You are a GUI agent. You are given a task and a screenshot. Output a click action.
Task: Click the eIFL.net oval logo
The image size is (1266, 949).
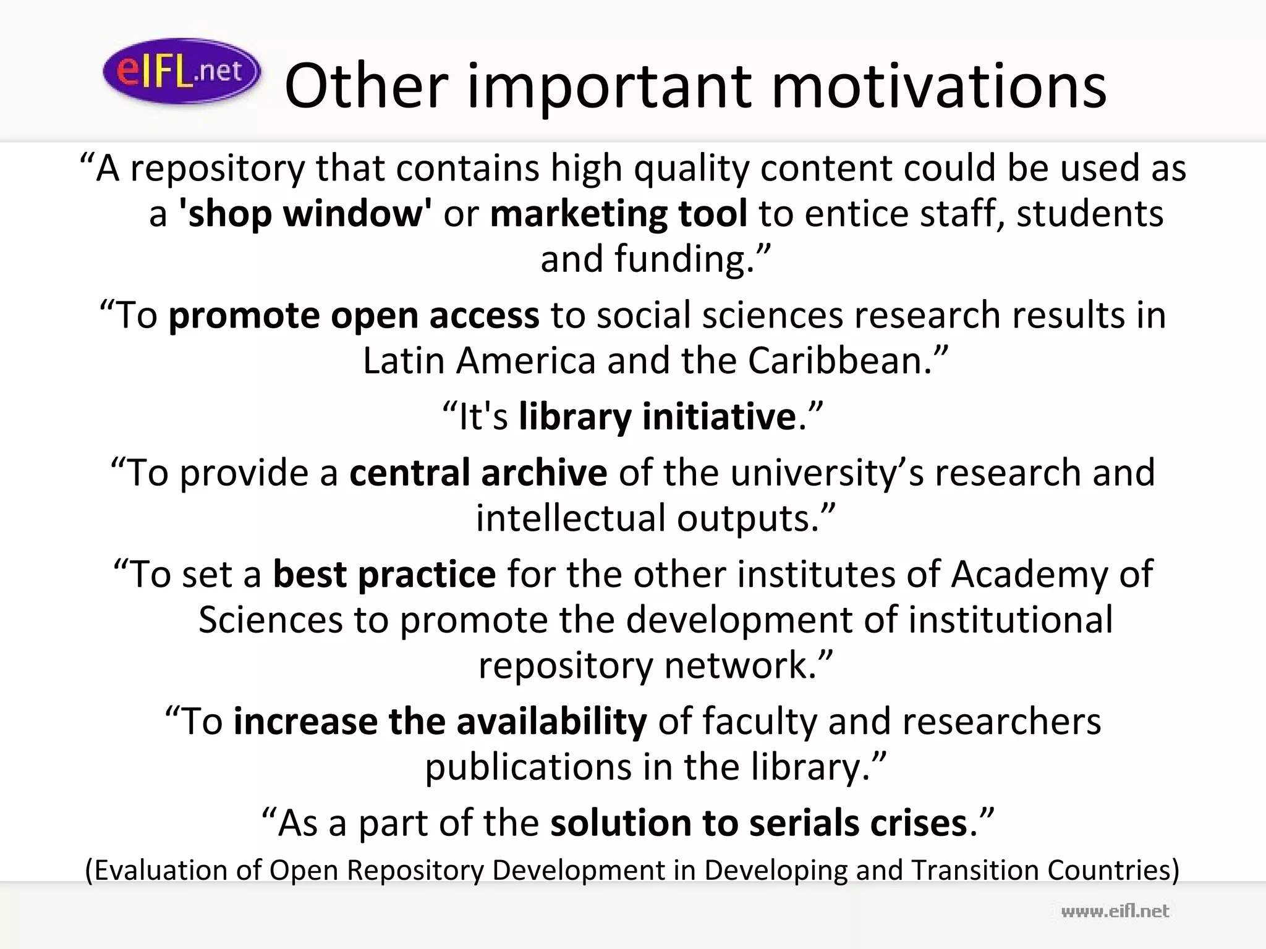click(x=181, y=71)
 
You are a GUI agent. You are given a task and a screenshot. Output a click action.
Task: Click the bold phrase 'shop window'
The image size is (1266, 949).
click(x=305, y=213)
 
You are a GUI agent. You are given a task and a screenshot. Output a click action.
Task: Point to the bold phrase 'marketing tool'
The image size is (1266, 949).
click(x=619, y=213)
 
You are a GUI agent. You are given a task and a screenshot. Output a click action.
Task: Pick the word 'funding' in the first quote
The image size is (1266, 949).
click(x=679, y=259)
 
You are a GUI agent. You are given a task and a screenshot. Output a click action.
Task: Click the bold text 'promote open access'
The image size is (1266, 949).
click(x=354, y=315)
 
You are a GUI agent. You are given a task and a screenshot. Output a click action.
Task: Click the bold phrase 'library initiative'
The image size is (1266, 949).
click(x=657, y=416)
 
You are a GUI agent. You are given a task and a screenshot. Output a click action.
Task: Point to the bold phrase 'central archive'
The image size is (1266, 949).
click(x=478, y=473)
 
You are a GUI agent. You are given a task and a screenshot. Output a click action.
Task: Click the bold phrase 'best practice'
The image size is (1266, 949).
click(x=384, y=575)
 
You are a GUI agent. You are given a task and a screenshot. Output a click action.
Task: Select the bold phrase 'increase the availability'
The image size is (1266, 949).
click(x=440, y=722)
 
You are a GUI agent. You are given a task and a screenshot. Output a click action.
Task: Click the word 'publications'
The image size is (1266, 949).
click(x=527, y=767)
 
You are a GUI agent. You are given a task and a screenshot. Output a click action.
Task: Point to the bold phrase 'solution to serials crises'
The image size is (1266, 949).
click(x=758, y=824)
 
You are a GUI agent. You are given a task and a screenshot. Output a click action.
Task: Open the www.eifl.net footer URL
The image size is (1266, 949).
click(x=1115, y=911)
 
